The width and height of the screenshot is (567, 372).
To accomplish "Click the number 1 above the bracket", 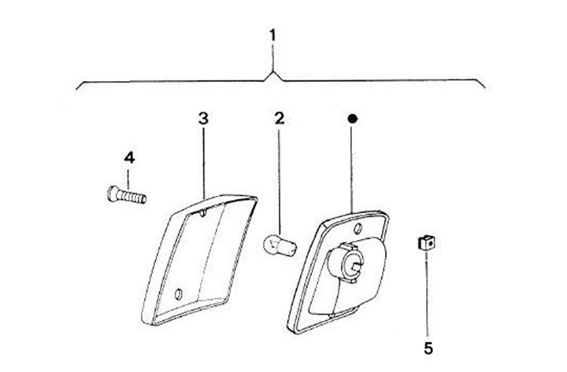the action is [272, 36].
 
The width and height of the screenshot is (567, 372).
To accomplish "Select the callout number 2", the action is [279, 119].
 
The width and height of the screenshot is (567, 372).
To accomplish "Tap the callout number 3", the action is [203, 119].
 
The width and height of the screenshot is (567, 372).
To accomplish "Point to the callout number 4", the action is [129, 158].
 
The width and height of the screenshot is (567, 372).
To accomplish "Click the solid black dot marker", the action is [353, 119].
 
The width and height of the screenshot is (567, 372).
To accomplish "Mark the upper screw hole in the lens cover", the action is [203, 211].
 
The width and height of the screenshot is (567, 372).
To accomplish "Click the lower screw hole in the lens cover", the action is [177, 293].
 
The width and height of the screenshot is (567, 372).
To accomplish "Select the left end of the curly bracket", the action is [76, 84].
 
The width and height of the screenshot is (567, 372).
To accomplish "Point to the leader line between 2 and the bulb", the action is [278, 181].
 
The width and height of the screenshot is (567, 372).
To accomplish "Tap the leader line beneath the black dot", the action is [353, 169].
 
